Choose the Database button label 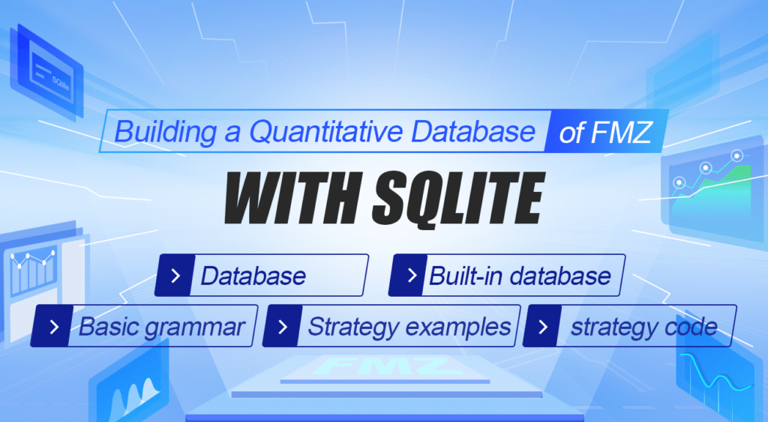[x=253, y=275]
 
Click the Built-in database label [x=520, y=275]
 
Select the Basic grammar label [x=162, y=327]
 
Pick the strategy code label [x=643, y=327]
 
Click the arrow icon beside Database [x=175, y=275]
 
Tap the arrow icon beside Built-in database [x=411, y=275]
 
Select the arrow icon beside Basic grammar [x=54, y=327]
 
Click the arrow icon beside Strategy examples [x=283, y=327]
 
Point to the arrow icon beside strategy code [x=545, y=327]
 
